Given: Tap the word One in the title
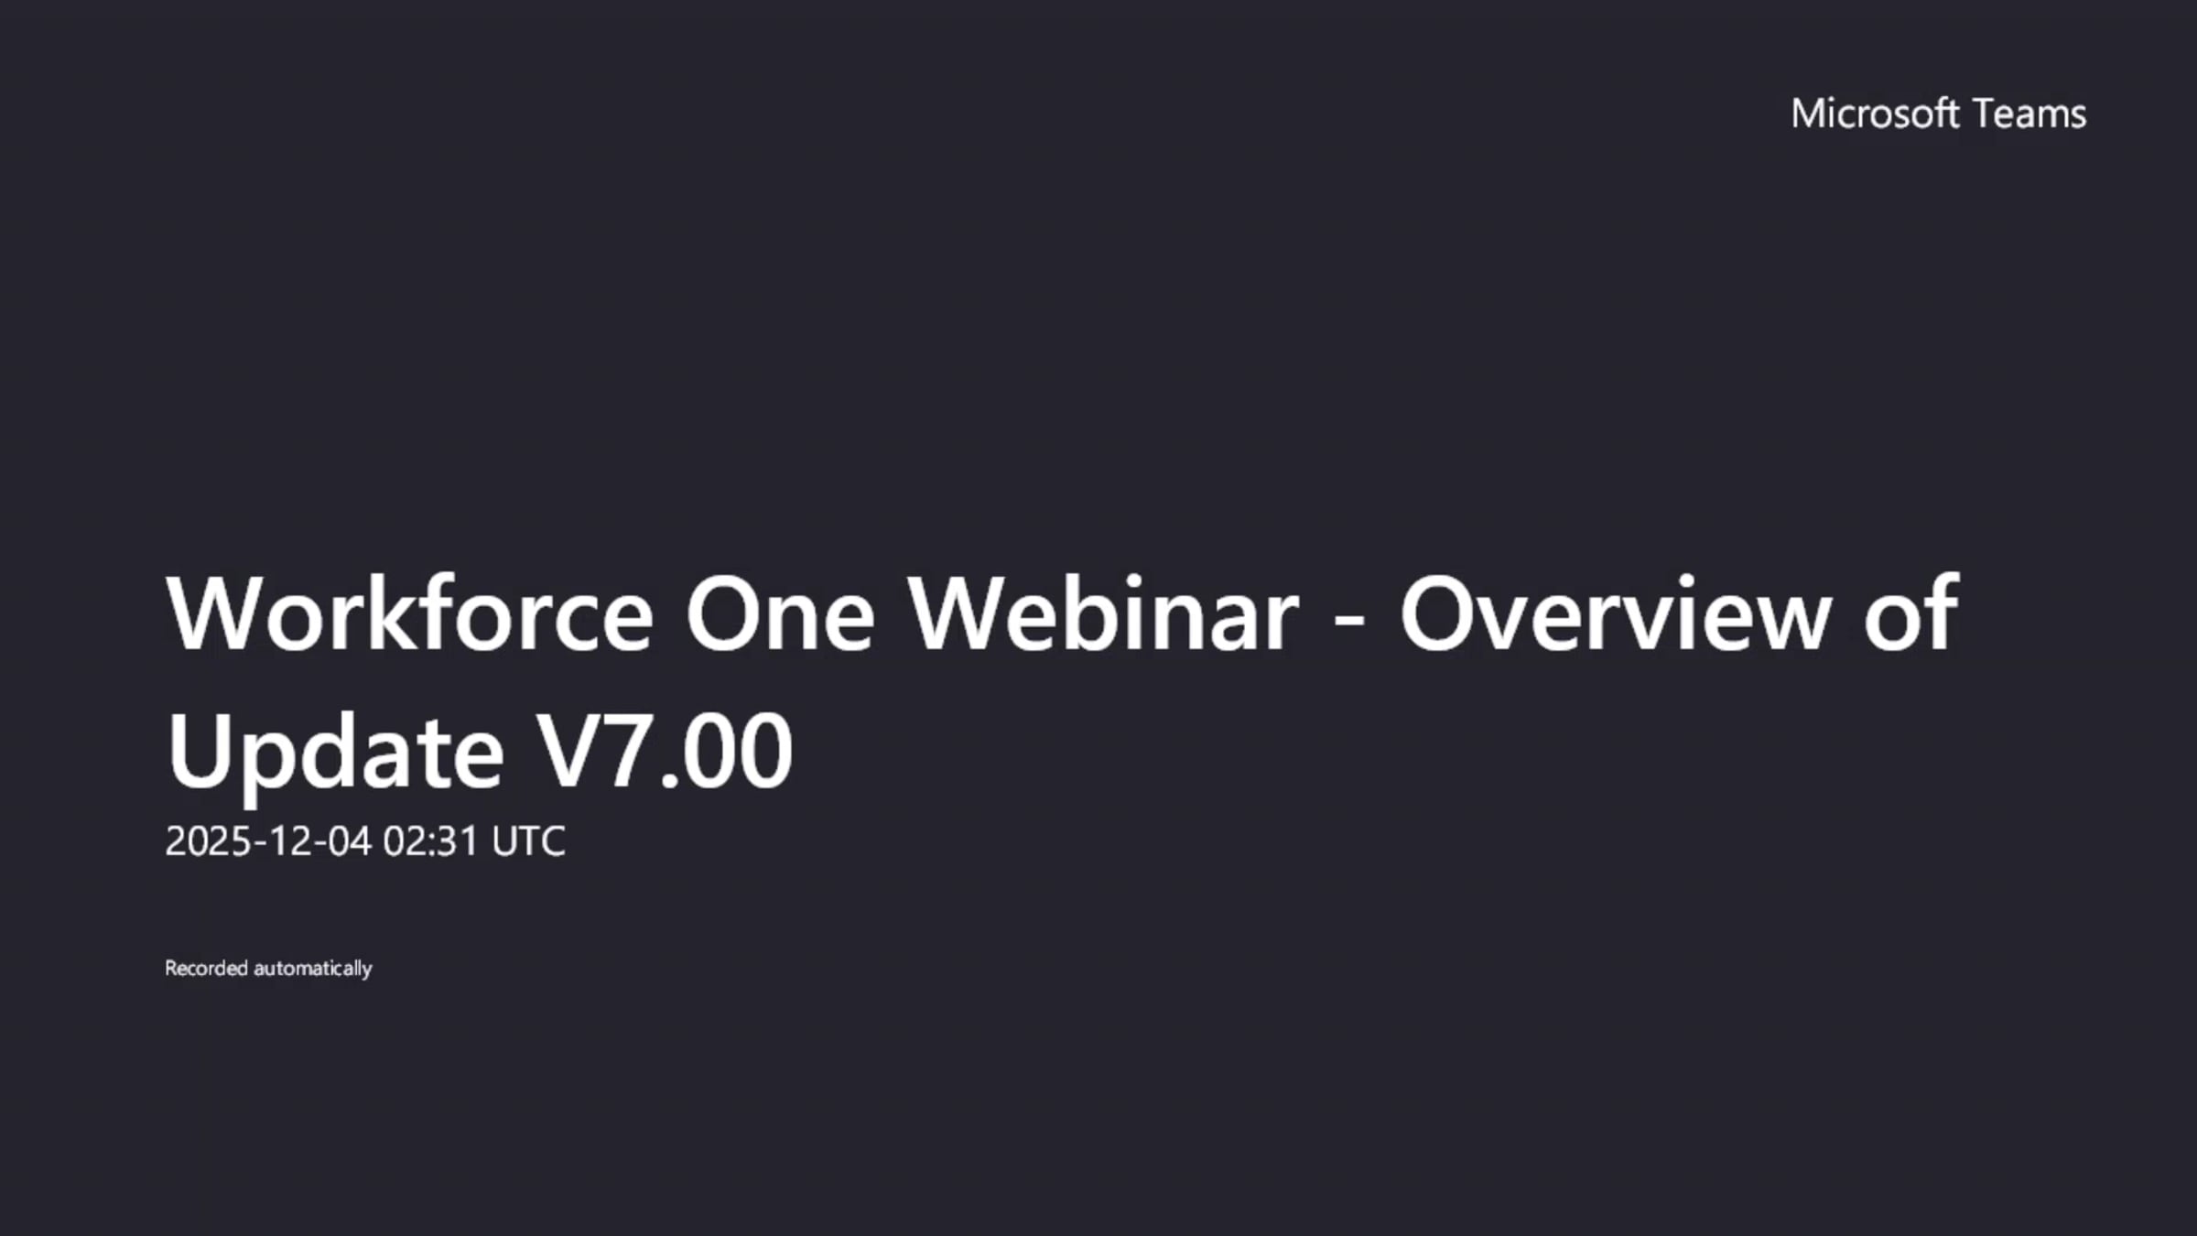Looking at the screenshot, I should click(x=779, y=613).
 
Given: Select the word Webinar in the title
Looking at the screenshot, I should click(x=1103, y=613).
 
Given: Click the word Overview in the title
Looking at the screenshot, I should click(x=1616, y=613).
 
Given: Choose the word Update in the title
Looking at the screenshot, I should click(x=335, y=754).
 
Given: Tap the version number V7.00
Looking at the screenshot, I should click(x=664, y=752).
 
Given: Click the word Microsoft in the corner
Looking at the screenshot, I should click(x=1874, y=114).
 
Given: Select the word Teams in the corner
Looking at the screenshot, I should click(x=2029, y=114).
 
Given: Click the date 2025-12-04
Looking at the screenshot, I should click(x=268, y=841).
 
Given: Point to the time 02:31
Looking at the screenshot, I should click(x=430, y=841).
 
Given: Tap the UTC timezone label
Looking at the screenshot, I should click(x=528, y=841).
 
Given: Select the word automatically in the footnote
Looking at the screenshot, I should click(x=313, y=969).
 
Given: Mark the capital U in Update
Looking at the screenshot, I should click(x=196, y=752).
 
